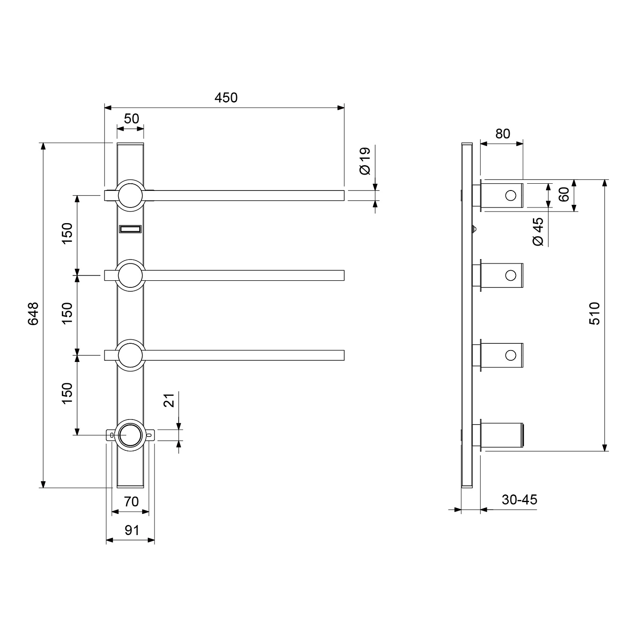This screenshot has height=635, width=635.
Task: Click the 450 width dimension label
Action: [x=226, y=98]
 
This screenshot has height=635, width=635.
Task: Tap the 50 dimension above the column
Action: [x=131, y=119]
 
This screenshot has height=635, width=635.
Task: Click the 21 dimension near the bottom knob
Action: [x=169, y=400]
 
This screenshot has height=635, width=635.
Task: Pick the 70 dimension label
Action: [x=131, y=502]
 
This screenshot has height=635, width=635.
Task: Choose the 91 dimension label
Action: [x=132, y=530]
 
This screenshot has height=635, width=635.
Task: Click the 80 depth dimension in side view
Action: [x=502, y=134]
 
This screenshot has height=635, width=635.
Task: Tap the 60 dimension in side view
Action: [x=563, y=195]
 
